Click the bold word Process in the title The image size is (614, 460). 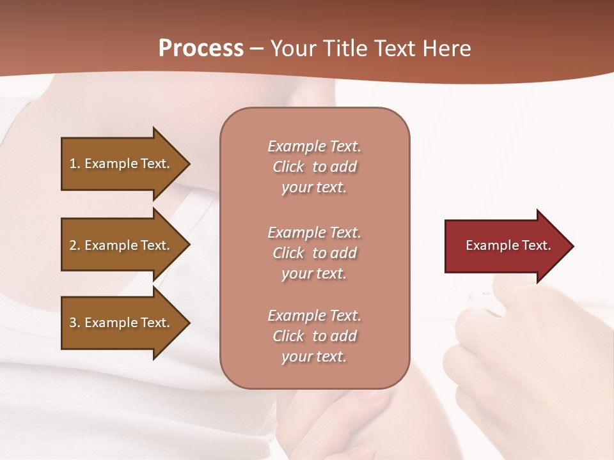click(201, 49)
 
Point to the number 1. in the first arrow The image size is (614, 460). click(75, 164)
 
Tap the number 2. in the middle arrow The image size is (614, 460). click(75, 245)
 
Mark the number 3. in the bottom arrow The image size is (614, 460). click(75, 323)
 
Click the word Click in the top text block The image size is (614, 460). click(288, 167)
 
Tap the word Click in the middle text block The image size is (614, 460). click(288, 253)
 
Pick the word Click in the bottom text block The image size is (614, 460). click(288, 336)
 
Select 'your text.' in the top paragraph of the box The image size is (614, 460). click(313, 188)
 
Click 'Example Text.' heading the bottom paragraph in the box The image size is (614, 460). click(314, 316)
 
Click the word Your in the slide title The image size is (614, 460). click(292, 49)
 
